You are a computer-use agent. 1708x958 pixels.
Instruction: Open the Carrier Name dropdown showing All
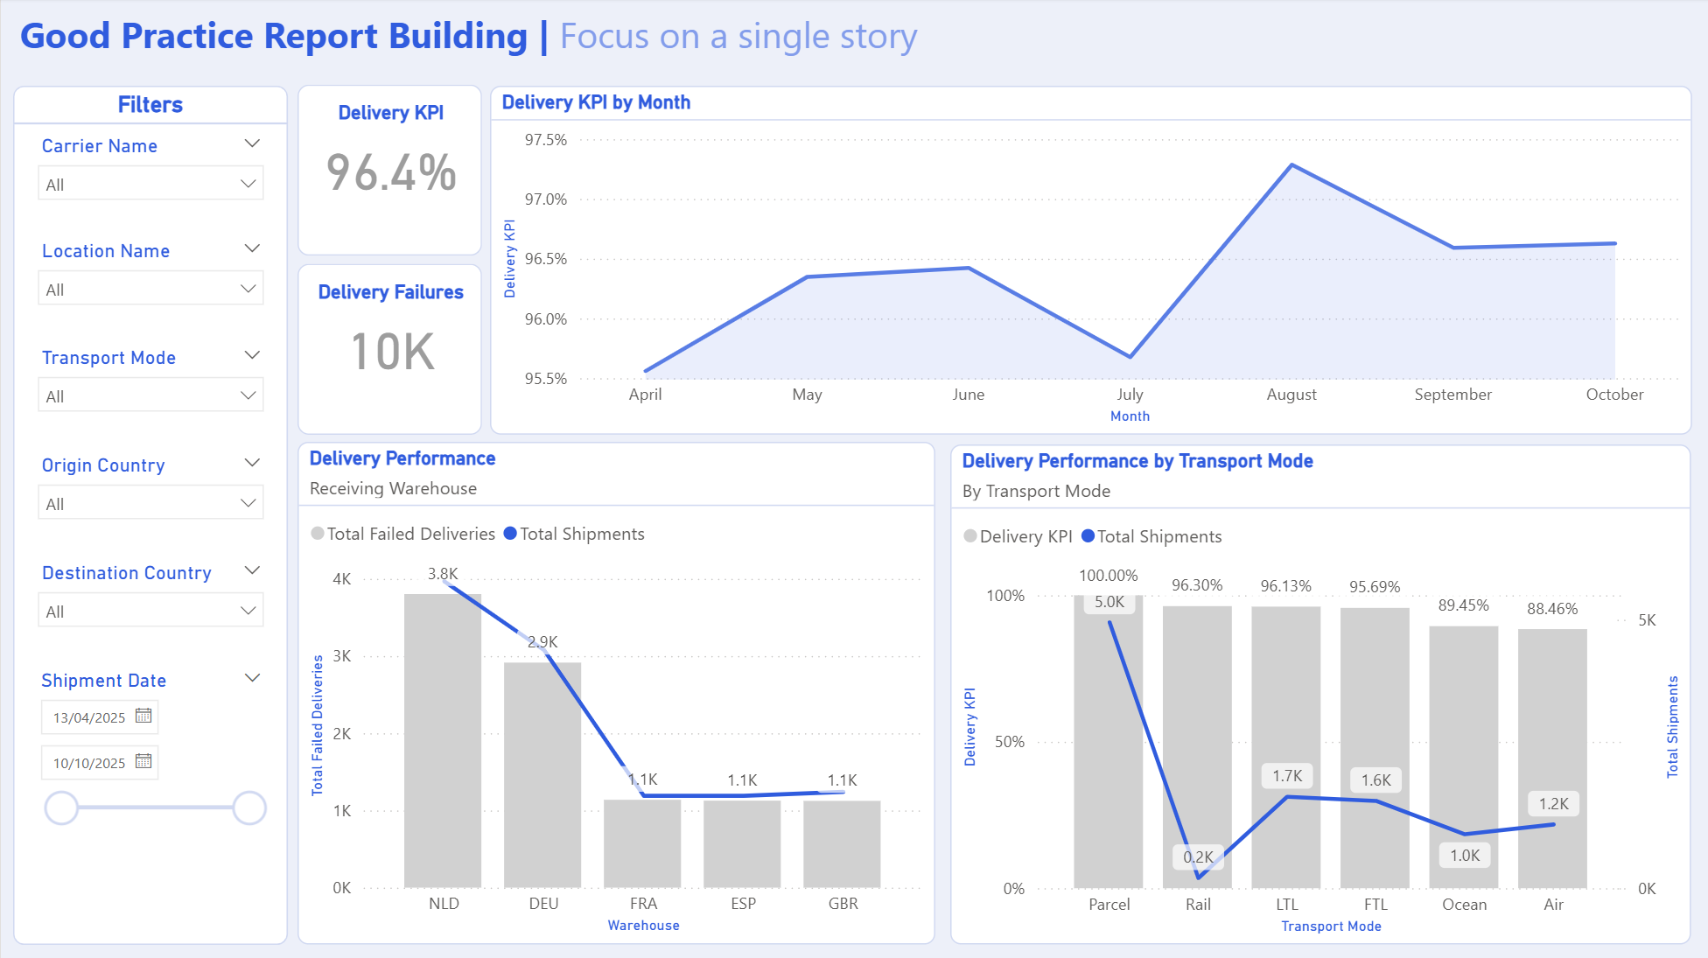pos(150,184)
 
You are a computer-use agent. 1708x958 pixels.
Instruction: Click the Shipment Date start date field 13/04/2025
pos(89,717)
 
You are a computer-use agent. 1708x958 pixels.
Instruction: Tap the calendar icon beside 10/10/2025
pos(143,761)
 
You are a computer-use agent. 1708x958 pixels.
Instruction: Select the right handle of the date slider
pos(249,808)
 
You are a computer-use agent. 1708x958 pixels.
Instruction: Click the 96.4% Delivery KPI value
pos(391,172)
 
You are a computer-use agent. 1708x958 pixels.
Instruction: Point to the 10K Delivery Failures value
pos(392,352)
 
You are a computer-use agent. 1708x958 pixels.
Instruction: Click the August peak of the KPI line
pos(1291,165)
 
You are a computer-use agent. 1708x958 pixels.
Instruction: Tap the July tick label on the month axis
pos(1130,395)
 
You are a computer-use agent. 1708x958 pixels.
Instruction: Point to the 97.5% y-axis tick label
pos(545,140)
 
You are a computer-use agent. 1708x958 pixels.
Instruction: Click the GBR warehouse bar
pos(842,843)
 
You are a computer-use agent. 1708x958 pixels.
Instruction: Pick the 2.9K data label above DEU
pos(542,642)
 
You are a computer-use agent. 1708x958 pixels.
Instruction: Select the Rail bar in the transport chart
pos(1197,744)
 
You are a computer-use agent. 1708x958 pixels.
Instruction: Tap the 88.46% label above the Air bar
pos(1552,609)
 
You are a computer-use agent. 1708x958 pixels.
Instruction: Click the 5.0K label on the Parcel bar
pos(1109,602)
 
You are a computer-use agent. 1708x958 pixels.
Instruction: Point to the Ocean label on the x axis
pos(1464,905)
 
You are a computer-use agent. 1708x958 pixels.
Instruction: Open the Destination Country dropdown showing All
pos(150,611)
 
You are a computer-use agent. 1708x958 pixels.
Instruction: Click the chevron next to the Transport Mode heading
pos(252,355)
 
